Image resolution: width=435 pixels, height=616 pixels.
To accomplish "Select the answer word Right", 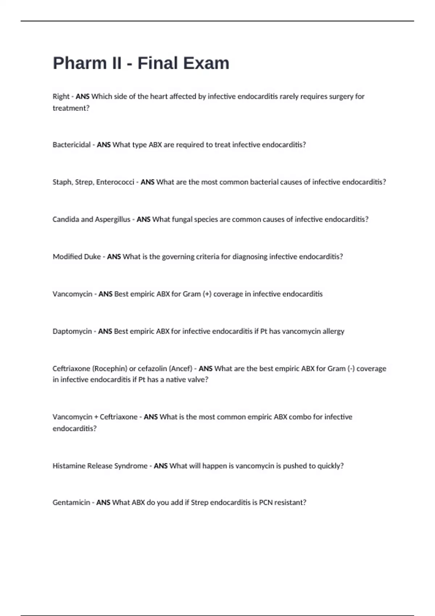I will pos(61,96).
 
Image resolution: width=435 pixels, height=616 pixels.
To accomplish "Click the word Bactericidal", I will pos(71,145).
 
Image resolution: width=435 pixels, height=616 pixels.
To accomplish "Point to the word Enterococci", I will pos(115,182).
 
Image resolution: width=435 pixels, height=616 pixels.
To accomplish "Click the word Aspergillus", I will pos(113,219).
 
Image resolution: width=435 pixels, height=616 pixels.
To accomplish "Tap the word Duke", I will pos(92,257).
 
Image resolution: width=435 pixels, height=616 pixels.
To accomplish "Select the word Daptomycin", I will pos(72,331).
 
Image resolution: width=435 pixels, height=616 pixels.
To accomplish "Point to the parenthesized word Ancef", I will pos(181,369).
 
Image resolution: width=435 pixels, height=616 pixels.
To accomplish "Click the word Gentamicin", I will pos(71,503).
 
